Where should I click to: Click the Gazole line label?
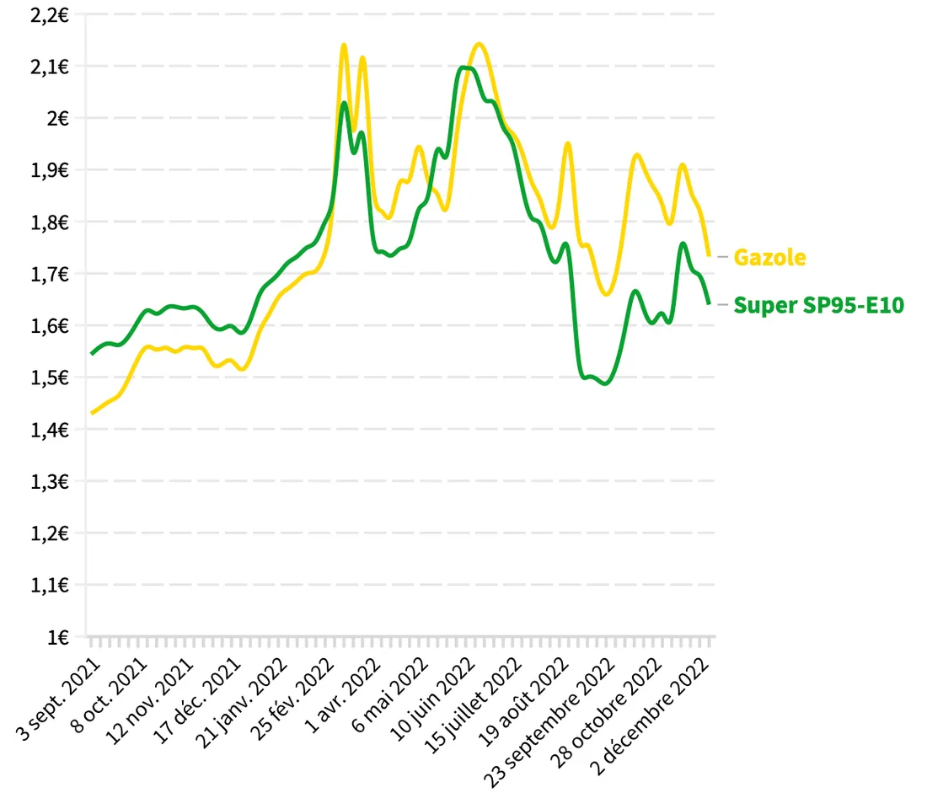point(769,257)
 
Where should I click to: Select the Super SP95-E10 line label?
point(818,305)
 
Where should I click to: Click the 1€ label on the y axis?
point(57,637)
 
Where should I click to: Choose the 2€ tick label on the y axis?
point(57,118)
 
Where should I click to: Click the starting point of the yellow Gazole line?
point(92,413)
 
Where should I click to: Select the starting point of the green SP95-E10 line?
point(92,353)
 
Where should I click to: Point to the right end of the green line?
point(709,303)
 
